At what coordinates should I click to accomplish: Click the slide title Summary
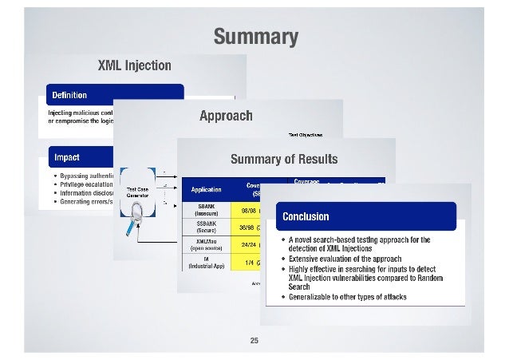pyautogui.click(x=254, y=38)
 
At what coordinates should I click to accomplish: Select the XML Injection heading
pyautogui.click(x=134, y=65)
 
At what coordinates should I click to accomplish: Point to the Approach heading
pyautogui.click(x=226, y=116)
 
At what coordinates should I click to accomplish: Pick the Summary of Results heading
pyautogui.click(x=284, y=158)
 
